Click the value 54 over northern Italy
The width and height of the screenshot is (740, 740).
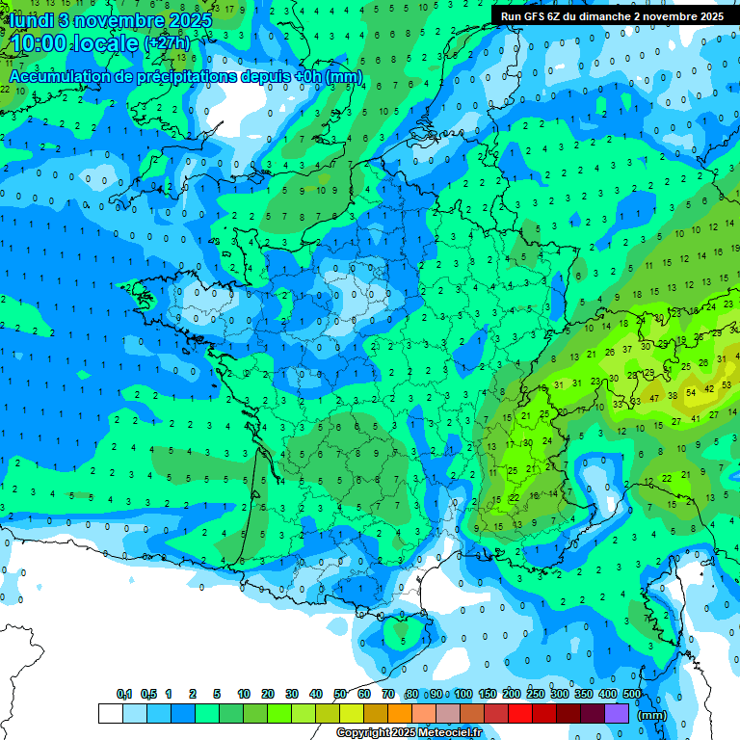[691, 393]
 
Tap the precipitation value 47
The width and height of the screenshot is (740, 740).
[654, 397]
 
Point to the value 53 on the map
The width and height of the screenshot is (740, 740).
[727, 384]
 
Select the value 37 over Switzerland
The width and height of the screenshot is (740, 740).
[627, 349]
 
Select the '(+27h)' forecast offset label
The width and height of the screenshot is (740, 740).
[167, 43]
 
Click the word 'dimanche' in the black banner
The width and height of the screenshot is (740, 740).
[615, 16]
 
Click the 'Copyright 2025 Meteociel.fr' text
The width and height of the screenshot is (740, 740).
[410, 732]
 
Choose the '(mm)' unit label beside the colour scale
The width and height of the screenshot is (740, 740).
[652, 715]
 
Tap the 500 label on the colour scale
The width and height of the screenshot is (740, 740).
[631, 694]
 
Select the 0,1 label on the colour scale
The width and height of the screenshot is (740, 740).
[124, 694]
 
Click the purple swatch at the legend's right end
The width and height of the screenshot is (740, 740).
[617, 713]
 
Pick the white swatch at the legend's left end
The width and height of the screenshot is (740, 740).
[111, 713]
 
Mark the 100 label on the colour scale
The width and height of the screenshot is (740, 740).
[463, 694]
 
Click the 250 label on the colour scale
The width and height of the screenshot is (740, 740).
[536, 694]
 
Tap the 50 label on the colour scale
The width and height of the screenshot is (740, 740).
[340, 694]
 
